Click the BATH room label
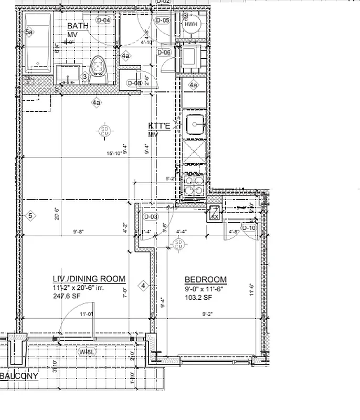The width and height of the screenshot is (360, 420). pos(77,25)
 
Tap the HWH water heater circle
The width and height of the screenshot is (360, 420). pos(189,23)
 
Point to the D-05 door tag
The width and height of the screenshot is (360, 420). pos(163,20)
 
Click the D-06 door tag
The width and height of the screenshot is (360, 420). pos(164,52)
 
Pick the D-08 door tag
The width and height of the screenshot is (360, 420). pos(134,83)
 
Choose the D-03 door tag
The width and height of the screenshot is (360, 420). pos(151,217)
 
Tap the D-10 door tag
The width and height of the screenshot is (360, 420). pos(249,227)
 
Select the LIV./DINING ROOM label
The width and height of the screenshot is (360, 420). pos(89,279)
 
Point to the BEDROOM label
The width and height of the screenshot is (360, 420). pos(206,279)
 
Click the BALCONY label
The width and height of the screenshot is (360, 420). pos(19,376)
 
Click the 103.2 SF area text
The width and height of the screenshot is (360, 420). pos(198,298)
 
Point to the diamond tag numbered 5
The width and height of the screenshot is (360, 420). pos(30,215)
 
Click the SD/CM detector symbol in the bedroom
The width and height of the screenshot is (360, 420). pos(178,244)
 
